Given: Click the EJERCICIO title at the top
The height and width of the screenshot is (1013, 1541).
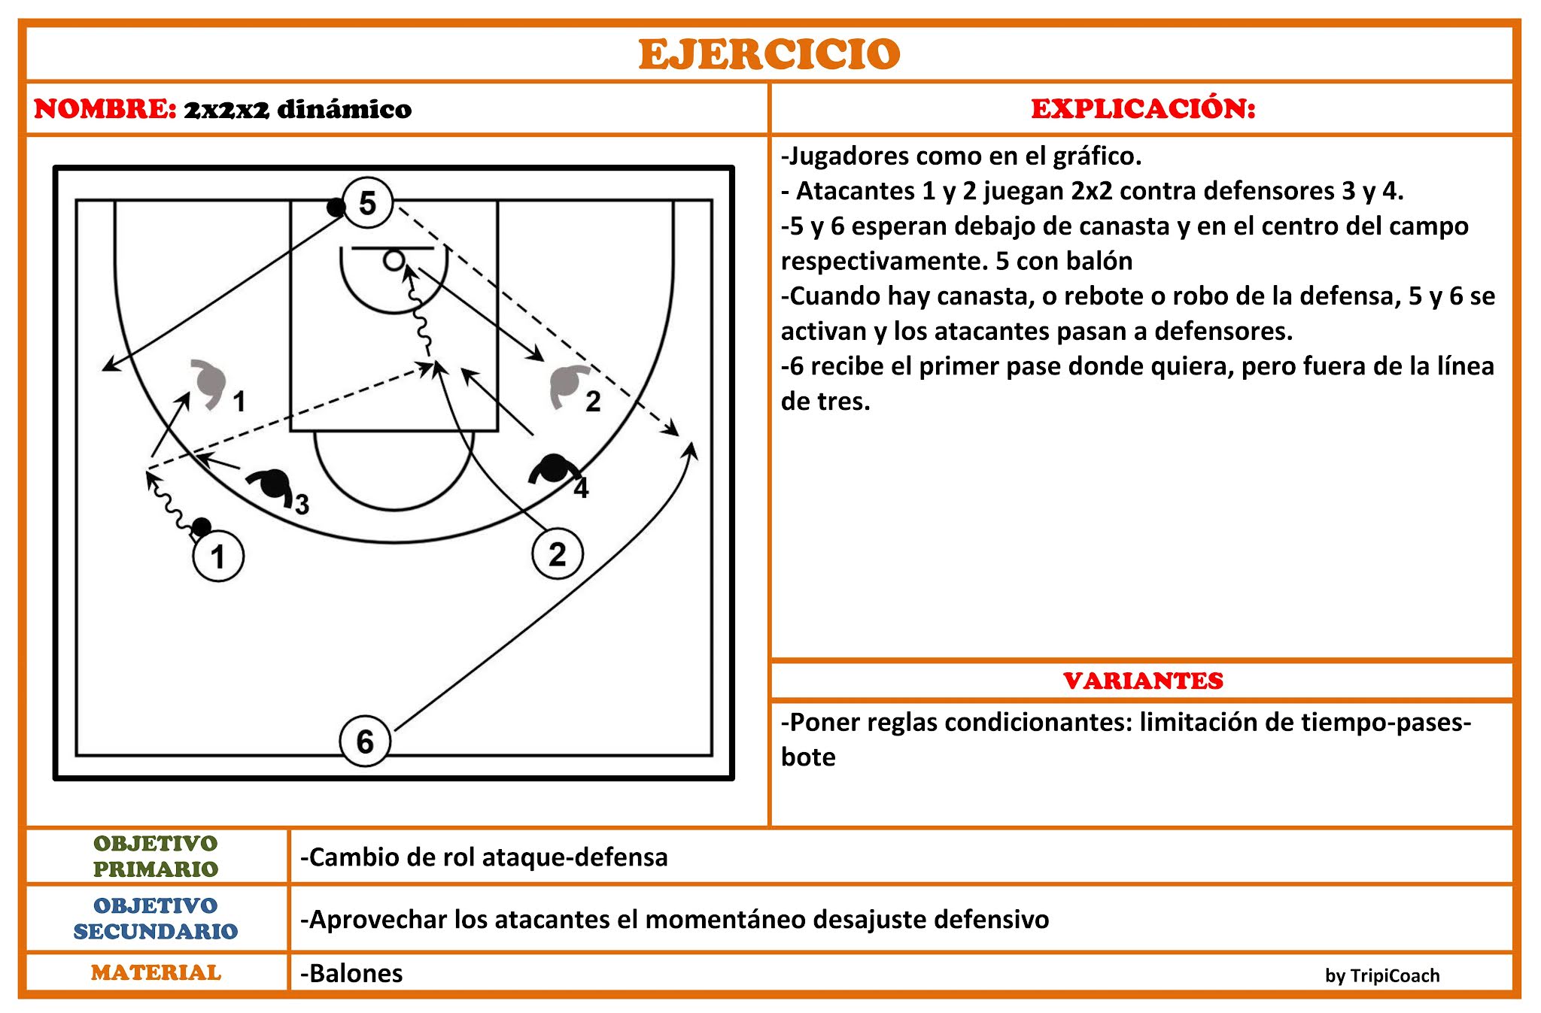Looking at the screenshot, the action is tap(769, 54).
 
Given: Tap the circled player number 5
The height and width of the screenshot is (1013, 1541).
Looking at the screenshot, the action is tap(367, 203).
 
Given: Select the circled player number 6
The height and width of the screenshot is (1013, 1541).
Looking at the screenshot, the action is tap(365, 742).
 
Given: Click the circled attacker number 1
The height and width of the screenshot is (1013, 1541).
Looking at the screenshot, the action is tap(218, 557).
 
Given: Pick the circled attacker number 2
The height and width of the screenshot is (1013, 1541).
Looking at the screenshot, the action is tap(557, 554).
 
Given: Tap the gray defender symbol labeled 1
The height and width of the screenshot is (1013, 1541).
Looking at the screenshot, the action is tap(210, 381).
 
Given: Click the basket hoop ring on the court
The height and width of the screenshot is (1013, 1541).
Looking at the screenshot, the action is tap(394, 261).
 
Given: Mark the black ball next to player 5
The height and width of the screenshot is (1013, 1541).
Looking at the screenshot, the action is tap(336, 208).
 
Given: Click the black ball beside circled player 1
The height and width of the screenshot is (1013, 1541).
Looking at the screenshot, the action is tap(202, 526).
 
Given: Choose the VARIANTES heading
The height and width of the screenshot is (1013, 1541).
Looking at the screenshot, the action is tap(1143, 681).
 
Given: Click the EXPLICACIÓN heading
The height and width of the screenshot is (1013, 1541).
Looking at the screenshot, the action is tap(1143, 109).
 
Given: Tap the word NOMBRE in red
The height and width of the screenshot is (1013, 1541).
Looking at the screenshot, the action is tap(105, 109).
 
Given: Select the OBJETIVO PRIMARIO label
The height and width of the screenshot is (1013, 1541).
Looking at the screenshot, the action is tap(156, 857).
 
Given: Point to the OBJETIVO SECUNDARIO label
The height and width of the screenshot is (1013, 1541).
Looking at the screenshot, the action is tap(156, 918).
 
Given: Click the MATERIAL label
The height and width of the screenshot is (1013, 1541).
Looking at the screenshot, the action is tap(156, 972).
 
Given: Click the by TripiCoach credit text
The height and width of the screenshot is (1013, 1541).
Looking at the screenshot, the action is tap(1382, 975).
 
